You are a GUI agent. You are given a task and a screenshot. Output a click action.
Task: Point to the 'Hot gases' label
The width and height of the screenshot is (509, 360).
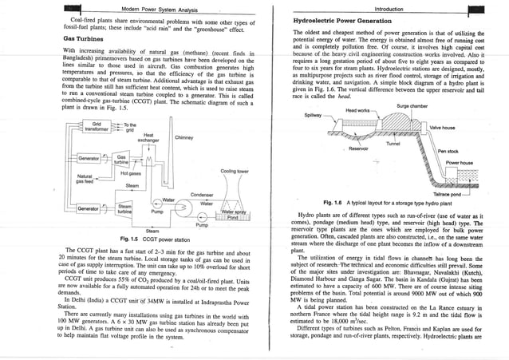[x=131, y=172]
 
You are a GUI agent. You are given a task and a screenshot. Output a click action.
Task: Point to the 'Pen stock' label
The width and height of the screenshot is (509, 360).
[x=448, y=151]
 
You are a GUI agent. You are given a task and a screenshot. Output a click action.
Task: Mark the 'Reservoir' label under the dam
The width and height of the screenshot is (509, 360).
[x=359, y=149]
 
